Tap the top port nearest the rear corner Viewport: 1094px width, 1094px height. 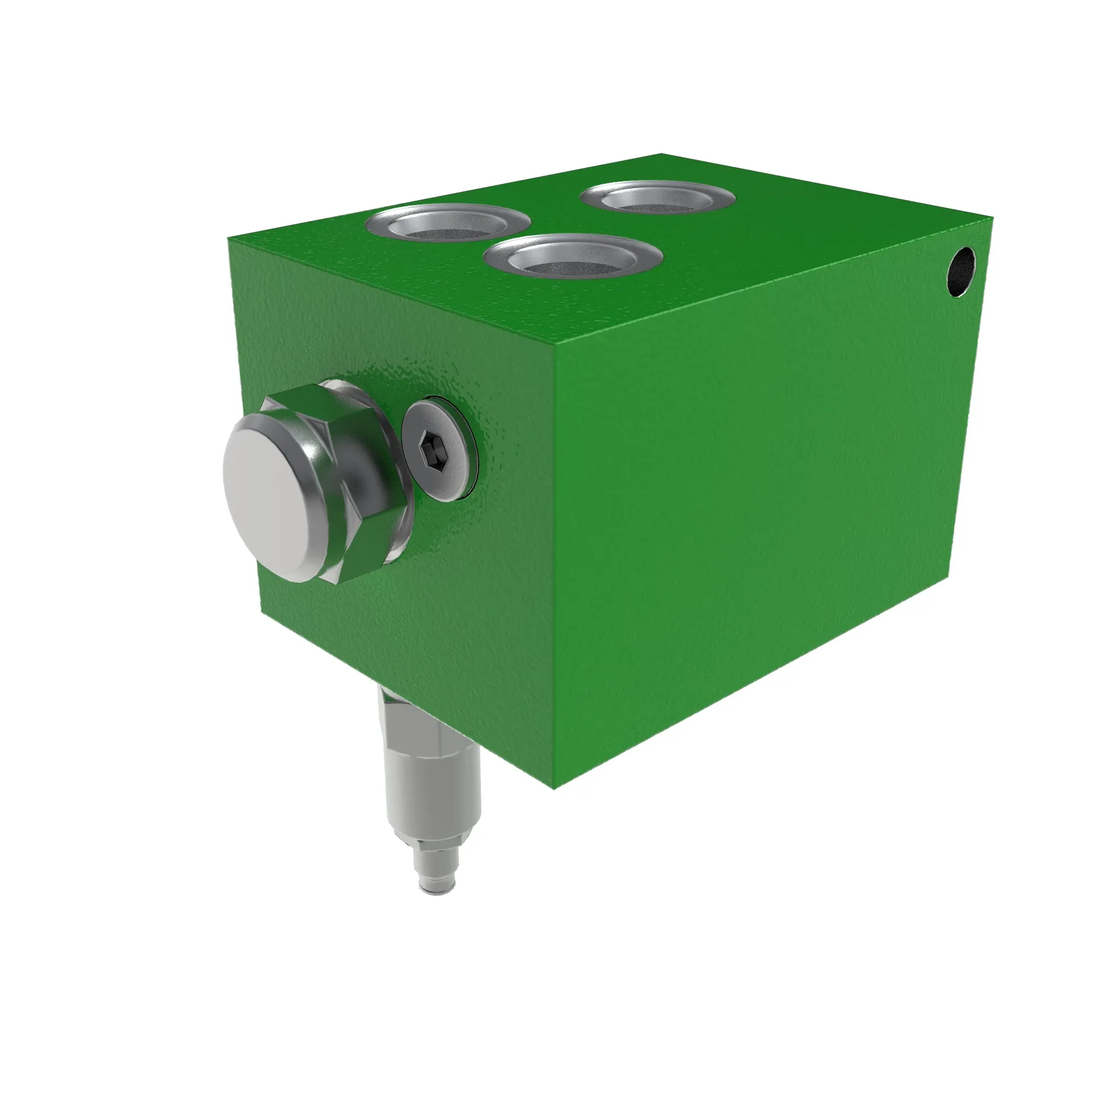658,197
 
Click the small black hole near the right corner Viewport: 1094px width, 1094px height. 961,272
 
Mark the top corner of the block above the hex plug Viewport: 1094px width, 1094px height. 229,238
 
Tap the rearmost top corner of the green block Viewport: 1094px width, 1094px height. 662,154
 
